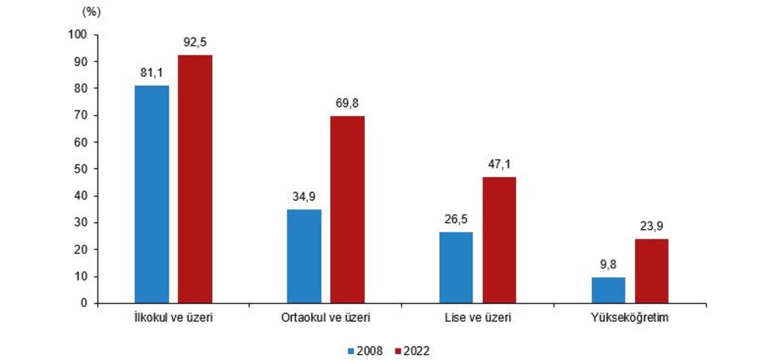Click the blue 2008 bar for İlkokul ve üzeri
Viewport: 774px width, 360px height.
point(152,194)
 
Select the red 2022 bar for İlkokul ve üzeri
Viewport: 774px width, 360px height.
point(195,179)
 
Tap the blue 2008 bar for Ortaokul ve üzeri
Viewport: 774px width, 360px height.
point(304,256)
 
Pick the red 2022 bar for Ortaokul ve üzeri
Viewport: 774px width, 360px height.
point(347,210)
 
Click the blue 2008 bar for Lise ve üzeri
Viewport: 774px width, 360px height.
point(455,268)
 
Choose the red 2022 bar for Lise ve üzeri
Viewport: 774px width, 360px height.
point(499,240)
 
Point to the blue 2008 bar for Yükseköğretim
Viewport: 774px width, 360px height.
point(608,290)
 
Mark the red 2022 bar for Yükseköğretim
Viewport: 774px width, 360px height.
point(651,271)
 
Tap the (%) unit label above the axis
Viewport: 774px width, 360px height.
point(92,11)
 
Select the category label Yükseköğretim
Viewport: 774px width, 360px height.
point(629,318)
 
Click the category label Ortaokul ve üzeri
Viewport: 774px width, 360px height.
point(325,318)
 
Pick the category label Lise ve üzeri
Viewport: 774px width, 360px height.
point(477,318)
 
